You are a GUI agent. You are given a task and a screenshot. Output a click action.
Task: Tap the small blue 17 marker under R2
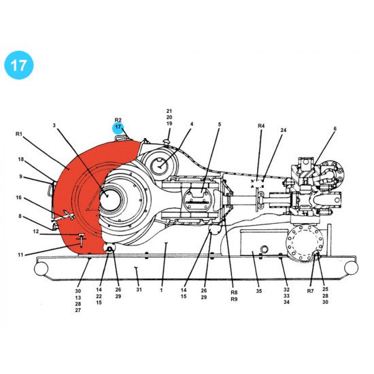pos(118,126)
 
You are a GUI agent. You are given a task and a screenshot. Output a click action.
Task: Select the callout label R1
pos(19,135)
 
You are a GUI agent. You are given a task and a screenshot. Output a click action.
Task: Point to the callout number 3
pos(54,126)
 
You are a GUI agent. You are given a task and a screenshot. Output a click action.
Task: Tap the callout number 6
pos(335,129)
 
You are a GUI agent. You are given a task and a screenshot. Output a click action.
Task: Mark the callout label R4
pos(261,126)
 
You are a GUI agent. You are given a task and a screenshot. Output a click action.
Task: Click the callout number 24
pos(284,130)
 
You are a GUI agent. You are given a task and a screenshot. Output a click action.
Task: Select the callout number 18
pos(21,160)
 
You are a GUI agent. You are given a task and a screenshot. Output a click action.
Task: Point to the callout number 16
pos(19,198)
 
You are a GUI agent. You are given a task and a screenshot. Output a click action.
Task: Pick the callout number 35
pos(258,290)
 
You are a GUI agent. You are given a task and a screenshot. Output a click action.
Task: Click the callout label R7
pos(310,290)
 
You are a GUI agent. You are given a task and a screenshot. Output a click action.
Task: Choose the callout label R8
pos(234,292)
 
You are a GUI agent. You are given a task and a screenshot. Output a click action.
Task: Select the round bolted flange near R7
pos(305,241)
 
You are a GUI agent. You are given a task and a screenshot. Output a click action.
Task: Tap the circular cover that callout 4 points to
pos(160,164)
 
